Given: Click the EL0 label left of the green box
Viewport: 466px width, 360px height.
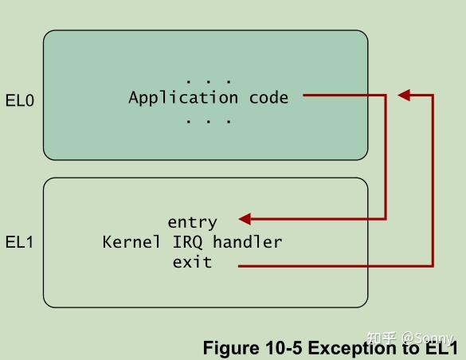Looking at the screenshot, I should coord(20,102).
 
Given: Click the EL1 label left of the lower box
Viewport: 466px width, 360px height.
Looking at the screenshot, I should coord(20,242).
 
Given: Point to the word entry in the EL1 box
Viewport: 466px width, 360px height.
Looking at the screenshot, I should coord(192,221).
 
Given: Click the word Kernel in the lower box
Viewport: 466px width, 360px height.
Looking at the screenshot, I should coord(131,242).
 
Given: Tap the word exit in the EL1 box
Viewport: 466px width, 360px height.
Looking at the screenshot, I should coord(192,262).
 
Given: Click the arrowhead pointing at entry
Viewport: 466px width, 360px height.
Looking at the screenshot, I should coord(245,219).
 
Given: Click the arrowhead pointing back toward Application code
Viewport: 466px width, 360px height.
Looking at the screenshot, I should coord(404,96).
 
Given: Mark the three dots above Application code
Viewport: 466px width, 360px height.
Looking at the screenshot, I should coord(208,81).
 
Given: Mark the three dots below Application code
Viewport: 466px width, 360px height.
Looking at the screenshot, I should coord(208,121).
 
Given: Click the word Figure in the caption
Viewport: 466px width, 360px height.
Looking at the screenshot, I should coord(229,348).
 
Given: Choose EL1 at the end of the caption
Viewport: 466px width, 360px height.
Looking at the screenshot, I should coord(441,348).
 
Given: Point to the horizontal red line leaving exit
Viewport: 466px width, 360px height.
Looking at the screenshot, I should coord(335,266).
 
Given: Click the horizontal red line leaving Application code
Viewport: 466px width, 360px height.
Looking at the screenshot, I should coord(343,96).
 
